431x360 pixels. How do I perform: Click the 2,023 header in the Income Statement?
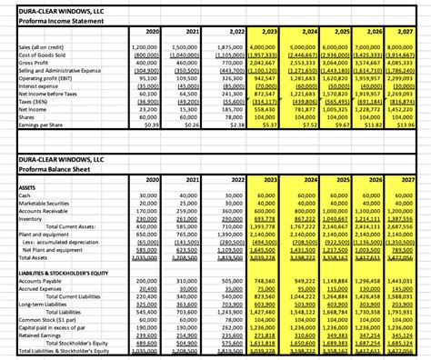click(x=267, y=31)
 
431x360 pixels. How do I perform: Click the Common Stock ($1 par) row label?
click(x=36, y=321)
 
